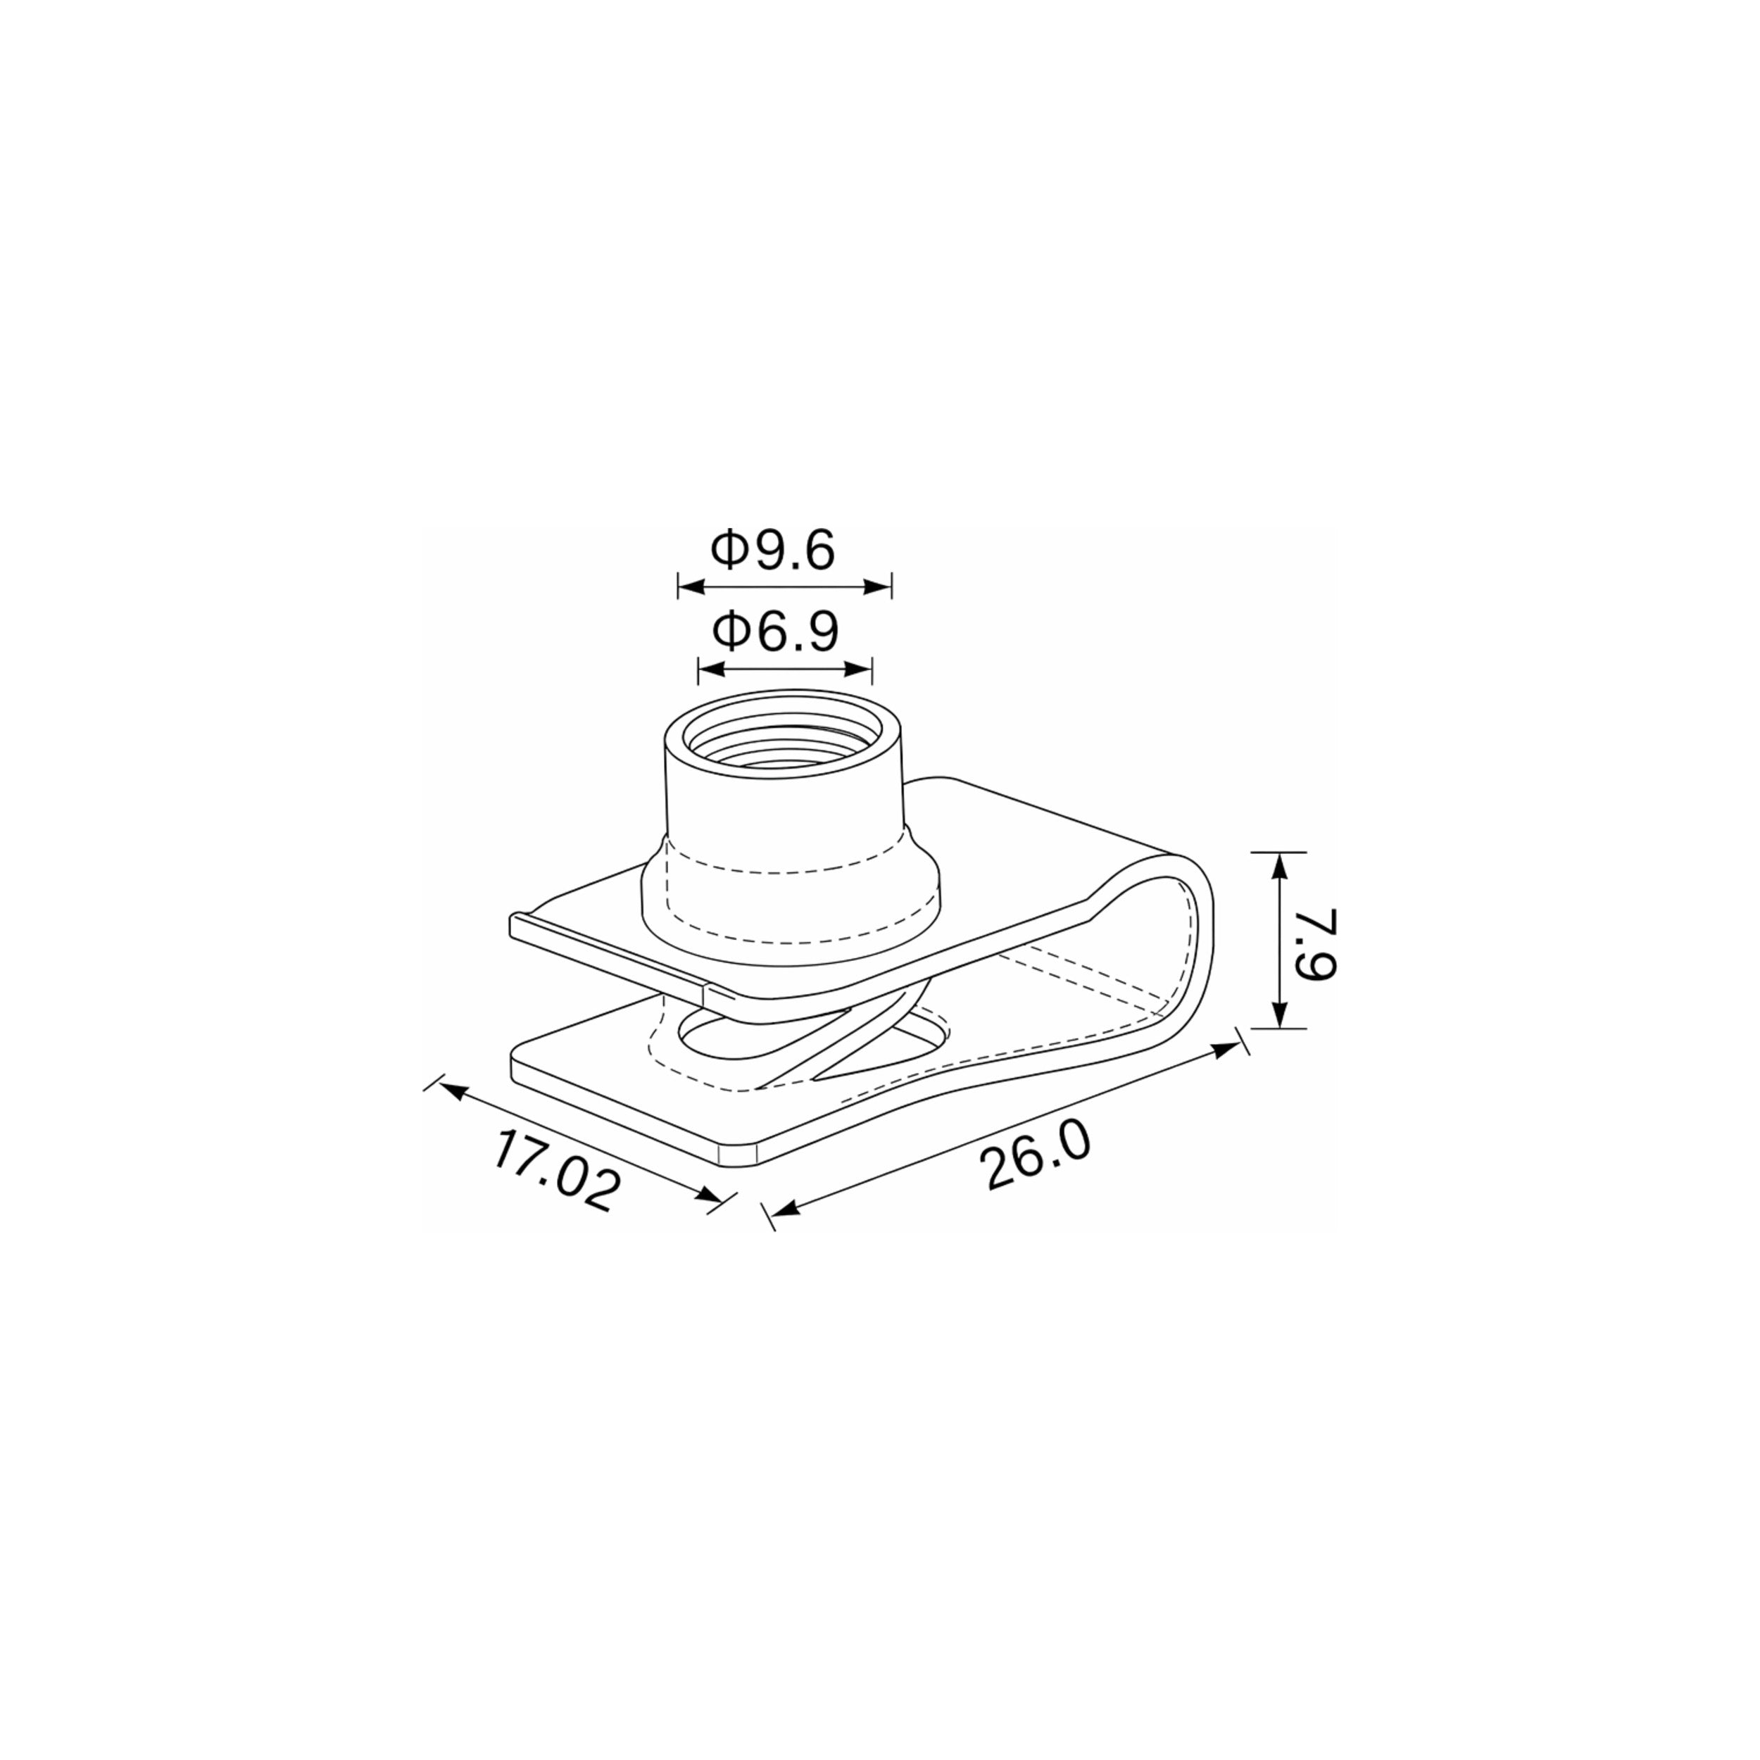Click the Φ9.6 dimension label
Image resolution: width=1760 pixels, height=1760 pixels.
pyautogui.click(x=772, y=551)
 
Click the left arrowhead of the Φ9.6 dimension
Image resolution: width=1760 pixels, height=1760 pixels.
pyautogui.click(x=691, y=586)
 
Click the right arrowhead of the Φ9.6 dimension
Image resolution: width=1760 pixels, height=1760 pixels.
pyautogui.click(x=878, y=586)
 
